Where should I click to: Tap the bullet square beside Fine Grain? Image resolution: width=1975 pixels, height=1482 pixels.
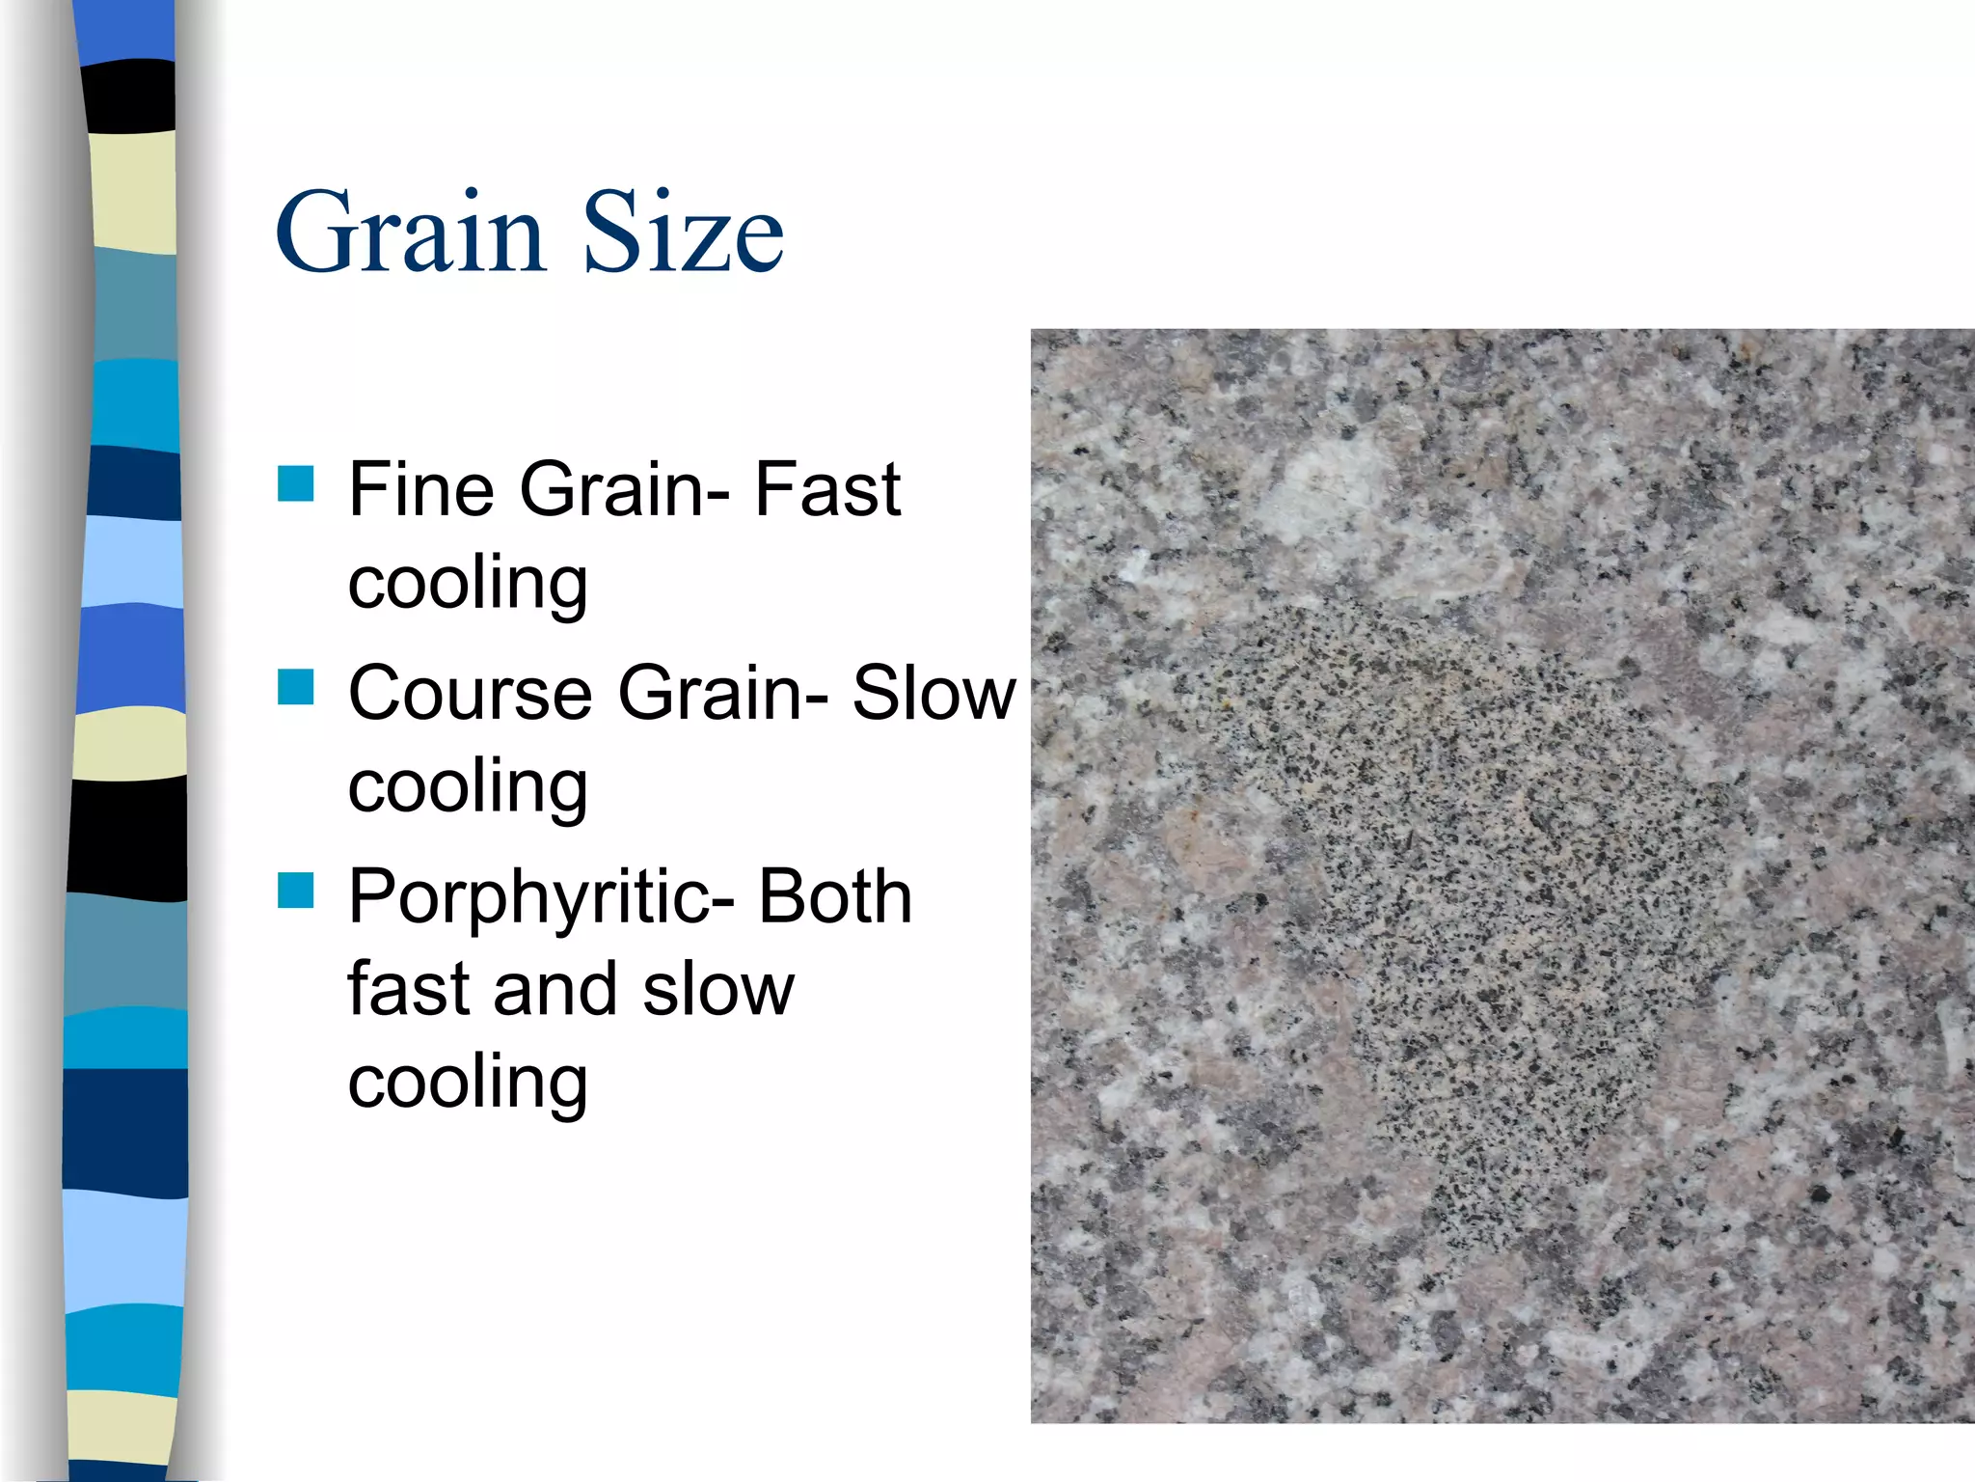coord(295,483)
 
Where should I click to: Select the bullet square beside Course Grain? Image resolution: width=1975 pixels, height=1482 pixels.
coord(295,687)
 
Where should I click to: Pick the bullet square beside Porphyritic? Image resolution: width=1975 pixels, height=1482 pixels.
coord(295,891)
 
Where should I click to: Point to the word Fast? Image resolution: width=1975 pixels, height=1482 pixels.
coord(826,489)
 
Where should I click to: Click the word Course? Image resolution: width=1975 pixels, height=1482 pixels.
coord(470,693)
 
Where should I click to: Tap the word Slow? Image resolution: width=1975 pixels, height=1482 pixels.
coord(933,693)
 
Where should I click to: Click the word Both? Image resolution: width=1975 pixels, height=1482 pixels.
coord(835,896)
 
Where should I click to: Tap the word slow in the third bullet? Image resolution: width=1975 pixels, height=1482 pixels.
coord(718,989)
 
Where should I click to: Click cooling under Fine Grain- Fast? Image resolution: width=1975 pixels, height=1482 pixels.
coord(468,584)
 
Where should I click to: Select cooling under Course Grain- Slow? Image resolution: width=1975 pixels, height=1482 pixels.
coord(468,787)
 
